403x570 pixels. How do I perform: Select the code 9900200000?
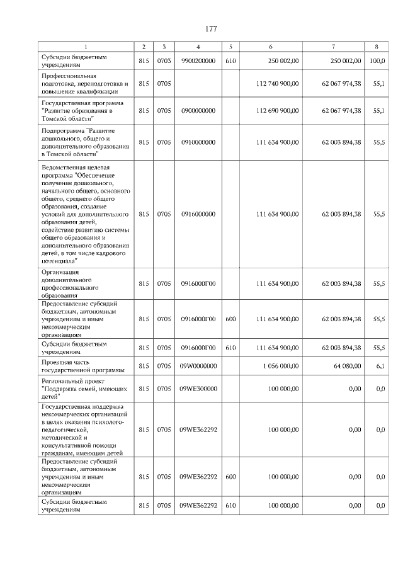(198, 61)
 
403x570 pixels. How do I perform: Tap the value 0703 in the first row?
(164, 61)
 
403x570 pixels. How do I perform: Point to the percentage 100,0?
(377, 61)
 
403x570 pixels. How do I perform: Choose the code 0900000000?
(198, 111)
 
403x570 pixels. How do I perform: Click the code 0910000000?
(198, 142)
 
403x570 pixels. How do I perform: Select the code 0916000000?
(198, 214)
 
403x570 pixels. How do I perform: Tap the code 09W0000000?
(198, 366)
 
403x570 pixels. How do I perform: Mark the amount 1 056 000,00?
(280, 366)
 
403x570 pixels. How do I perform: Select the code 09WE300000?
(198, 389)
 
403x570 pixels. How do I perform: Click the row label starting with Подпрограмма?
(86, 142)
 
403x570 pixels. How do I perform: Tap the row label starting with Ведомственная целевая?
(86, 214)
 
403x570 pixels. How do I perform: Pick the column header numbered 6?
(271, 47)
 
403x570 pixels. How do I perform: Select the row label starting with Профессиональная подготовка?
(85, 83)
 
